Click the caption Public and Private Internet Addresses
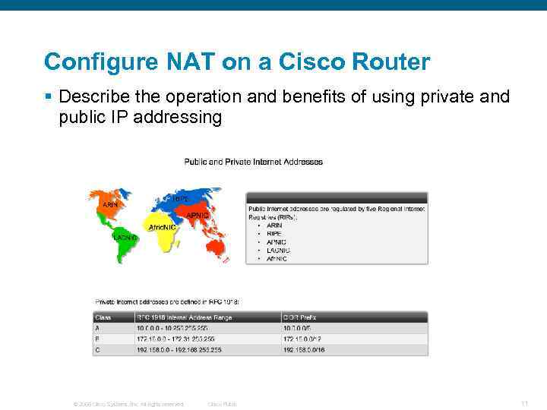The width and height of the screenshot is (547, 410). (x=253, y=162)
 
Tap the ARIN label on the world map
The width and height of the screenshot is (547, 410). (x=111, y=204)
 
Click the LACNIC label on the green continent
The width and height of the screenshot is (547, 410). (x=125, y=238)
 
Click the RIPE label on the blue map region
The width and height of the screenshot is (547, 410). (x=180, y=198)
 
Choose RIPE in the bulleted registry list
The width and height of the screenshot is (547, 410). (x=274, y=233)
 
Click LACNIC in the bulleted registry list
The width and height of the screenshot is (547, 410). (x=278, y=250)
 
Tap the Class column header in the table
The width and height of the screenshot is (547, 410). (x=103, y=317)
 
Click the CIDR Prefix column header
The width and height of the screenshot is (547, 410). (x=301, y=317)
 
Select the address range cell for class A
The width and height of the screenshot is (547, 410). (x=172, y=328)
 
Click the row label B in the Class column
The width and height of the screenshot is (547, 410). (x=97, y=339)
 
